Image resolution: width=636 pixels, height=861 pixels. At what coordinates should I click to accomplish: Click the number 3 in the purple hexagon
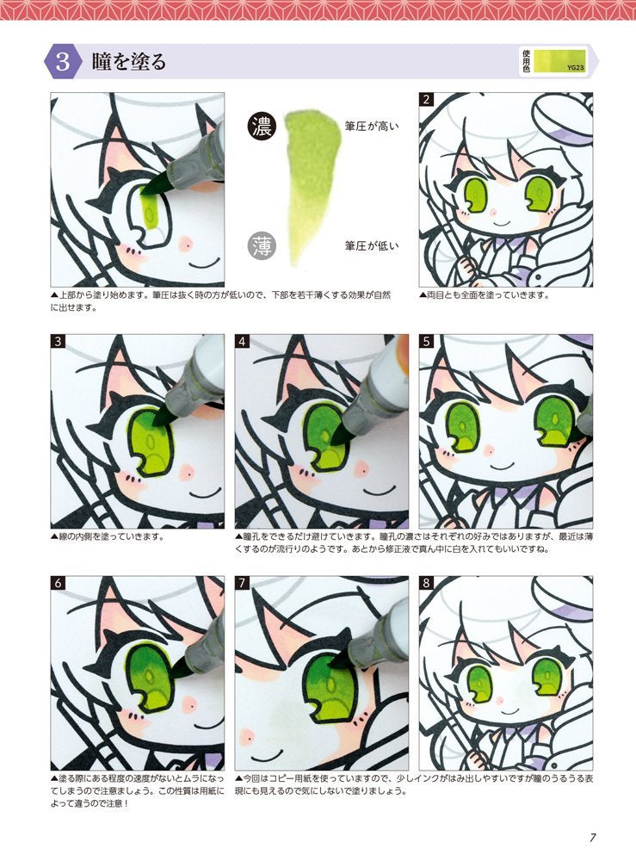tap(63, 62)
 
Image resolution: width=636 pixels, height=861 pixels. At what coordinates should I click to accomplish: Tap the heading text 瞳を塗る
tap(129, 62)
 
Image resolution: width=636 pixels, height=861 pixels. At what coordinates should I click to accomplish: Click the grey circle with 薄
tap(261, 245)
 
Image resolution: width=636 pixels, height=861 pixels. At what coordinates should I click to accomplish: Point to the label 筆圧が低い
tap(372, 245)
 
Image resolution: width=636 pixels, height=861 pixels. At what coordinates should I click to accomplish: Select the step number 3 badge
tap(59, 342)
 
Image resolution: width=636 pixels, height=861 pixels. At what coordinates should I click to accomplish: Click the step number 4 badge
tap(243, 342)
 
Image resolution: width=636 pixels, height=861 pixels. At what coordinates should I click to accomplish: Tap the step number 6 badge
tap(59, 583)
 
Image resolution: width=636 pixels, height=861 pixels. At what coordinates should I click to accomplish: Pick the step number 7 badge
tap(243, 583)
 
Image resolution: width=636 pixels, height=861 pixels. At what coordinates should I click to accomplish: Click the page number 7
tap(593, 836)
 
